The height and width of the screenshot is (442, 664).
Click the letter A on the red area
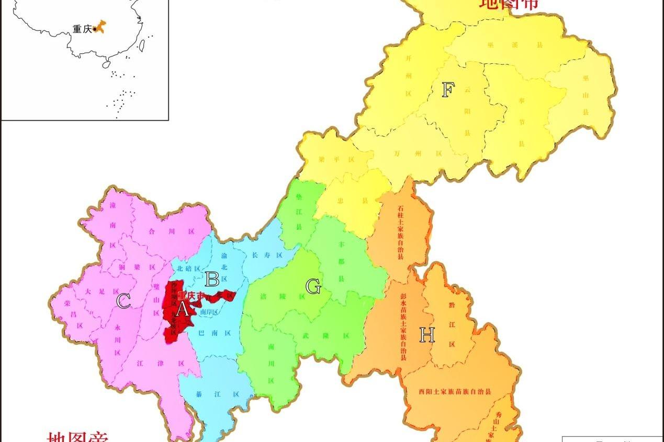click(182, 309)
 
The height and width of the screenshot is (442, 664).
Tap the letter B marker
click(212, 279)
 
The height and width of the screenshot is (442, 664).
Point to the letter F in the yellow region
click(447, 90)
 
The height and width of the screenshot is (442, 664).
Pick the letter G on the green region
click(313, 286)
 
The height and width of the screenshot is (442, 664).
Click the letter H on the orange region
click(427, 335)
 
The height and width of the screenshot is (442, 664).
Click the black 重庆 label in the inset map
click(82, 29)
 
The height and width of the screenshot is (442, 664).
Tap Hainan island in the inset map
click(106, 65)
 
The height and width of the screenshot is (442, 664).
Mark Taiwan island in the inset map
click(140, 46)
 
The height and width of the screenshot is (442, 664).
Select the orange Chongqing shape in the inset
click(100, 26)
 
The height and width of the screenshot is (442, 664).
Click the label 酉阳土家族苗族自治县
click(455, 391)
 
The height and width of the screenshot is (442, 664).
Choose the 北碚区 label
click(188, 269)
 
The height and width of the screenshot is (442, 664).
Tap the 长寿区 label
click(267, 255)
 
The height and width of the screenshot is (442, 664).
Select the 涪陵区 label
click(282, 296)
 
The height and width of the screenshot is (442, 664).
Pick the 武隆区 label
click(325, 336)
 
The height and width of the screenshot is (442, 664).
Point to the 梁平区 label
click(337, 160)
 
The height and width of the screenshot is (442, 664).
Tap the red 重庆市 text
click(192, 295)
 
